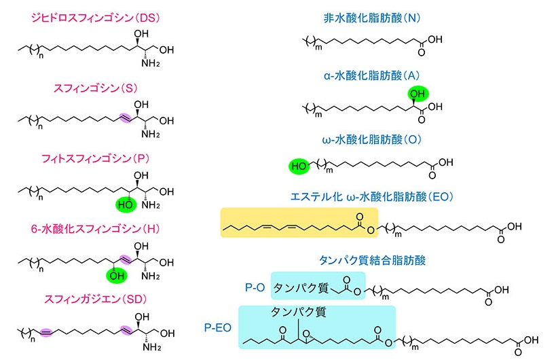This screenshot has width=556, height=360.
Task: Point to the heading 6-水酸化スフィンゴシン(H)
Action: (90, 228)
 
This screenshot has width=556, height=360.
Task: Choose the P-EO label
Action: (219, 327)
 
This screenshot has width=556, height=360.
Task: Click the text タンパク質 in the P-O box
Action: (300, 288)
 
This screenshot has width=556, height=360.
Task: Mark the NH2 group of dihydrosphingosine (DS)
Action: (150, 64)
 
